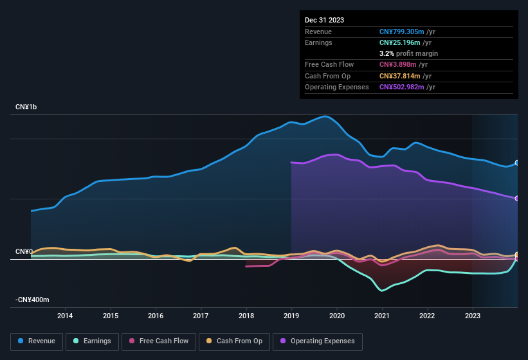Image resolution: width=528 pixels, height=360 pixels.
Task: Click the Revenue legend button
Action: point(37,341)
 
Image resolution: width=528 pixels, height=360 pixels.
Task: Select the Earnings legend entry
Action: point(92,341)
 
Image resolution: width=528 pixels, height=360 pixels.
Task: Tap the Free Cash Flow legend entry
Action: point(159,341)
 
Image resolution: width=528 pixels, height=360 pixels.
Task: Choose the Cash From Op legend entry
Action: point(233,341)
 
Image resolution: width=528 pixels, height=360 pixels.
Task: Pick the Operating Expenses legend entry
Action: point(318,341)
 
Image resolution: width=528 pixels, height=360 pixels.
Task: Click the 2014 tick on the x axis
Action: point(65,315)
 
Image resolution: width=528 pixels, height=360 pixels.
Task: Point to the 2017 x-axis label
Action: point(201,315)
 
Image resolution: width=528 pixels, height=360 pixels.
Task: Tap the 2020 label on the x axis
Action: point(336,315)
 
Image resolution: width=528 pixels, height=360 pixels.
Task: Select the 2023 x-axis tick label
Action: point(473,315)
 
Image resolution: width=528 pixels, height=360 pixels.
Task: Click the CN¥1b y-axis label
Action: point(26,107)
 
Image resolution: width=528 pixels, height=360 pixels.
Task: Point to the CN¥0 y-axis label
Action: point(24,251)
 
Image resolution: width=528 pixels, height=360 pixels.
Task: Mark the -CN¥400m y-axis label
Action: point(32,300)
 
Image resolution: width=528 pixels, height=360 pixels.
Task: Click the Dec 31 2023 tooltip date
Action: point(324,20)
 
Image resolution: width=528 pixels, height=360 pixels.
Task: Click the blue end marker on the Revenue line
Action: point(517,163)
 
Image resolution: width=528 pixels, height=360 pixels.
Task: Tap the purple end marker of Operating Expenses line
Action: point(517,198)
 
